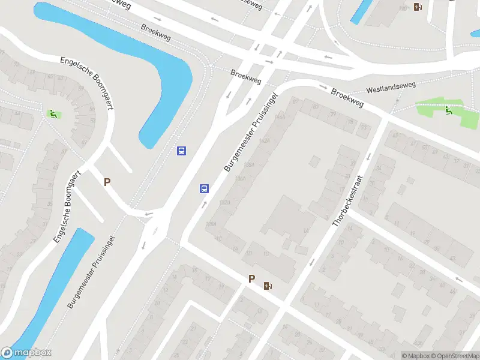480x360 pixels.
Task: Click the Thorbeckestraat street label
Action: (x=349, y=200)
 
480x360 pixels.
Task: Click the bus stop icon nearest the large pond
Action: (x=181, y=151)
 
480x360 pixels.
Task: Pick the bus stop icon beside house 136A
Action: (x=204, y=188)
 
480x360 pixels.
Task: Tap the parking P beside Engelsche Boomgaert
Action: (x=107, y=182)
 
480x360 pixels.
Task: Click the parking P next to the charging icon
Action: (x=252, y=278)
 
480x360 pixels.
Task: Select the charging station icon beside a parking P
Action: (x=267, y=286)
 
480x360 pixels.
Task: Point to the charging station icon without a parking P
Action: (x=418, y=7)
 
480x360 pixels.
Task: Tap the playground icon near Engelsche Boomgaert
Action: (x=53, y=113)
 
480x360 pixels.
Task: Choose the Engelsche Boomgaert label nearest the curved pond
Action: (x=88, y=83)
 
